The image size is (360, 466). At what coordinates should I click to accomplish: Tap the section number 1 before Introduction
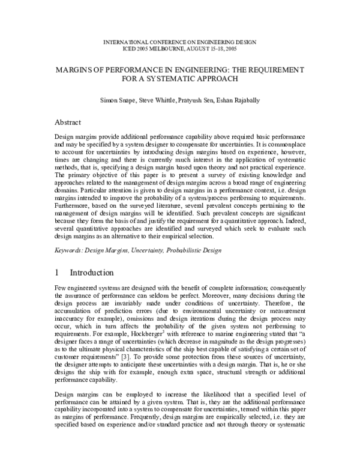click(58, 271)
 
